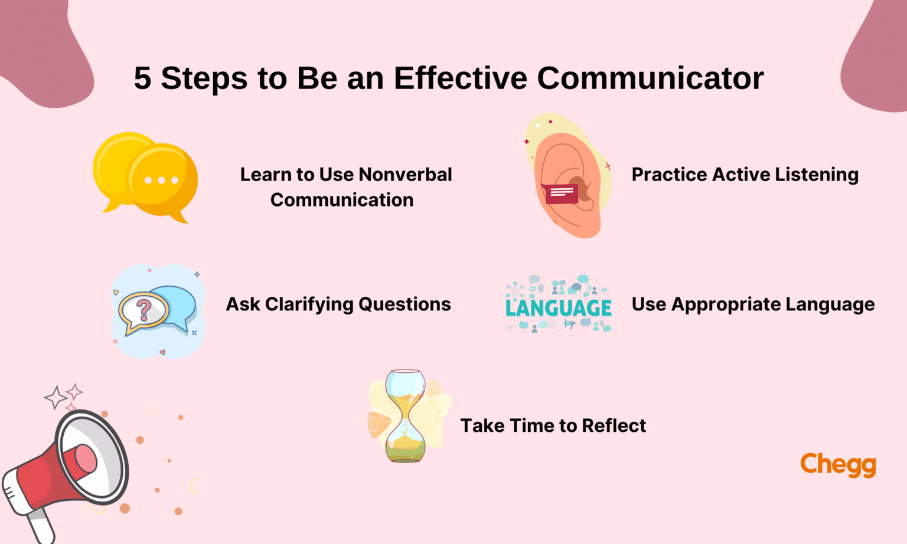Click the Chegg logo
(x=838, y=464)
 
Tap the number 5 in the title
(x=142, y=78)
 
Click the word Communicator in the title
(x=650, y=78)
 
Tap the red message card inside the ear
(x=562, y=193)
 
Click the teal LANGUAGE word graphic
(x=559, y=308)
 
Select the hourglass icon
(x=405, y=416)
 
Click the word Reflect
(x=614, y=425)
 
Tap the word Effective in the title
(x=461, y=78)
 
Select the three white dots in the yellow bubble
(x=161, y=180)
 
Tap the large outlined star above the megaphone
(x=56, y=397)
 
